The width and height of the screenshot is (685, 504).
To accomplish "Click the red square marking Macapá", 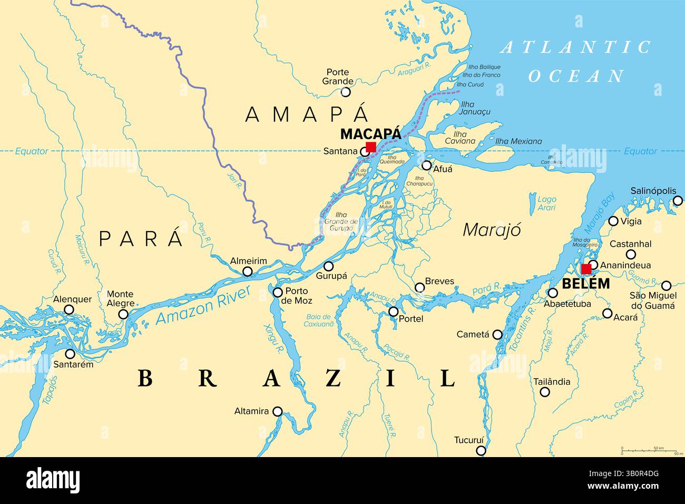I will (371, 147).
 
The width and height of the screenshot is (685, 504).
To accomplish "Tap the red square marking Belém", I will (585, 269).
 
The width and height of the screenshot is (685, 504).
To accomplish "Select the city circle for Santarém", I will (70, 354).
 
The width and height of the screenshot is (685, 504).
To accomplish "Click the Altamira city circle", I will (277, 411).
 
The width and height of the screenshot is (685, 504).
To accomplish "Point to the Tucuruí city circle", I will (481, 450).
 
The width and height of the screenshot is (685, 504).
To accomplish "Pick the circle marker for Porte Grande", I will (345, 92).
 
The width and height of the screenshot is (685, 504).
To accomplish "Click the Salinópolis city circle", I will (678, 200).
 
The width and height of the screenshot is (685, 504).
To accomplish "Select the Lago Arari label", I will (546, 203).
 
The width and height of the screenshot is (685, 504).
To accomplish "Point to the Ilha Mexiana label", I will (518, 141).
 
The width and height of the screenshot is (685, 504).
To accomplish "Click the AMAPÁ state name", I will (306, 114).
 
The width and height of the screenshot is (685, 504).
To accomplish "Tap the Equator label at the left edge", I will (31, 151).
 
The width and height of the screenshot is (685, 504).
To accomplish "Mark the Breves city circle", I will (419, 287).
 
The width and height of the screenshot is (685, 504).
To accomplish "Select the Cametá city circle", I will (497, 334).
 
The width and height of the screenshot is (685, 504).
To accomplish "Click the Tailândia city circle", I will (545, 392).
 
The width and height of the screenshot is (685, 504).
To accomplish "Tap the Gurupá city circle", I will (328, 266).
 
